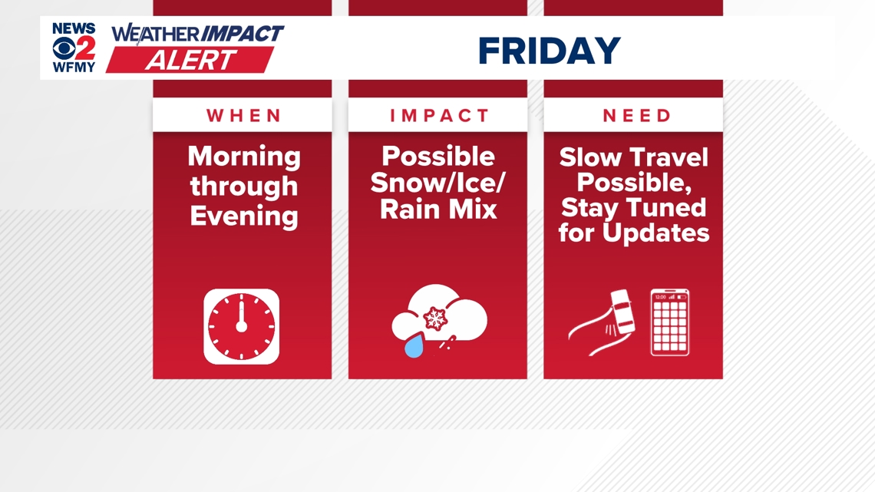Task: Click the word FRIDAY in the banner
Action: (549, 51)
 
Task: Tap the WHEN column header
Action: (243, 116)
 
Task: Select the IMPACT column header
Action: (438, 116)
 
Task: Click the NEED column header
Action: (636, 116)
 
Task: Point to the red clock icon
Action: (242, 326)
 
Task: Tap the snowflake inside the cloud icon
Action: (436, 317)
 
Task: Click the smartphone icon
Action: (670, 322)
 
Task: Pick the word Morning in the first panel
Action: (244, 157)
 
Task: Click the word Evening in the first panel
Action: (244, 216)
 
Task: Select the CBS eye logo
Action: (63, 48)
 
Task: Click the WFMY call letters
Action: (74, 67)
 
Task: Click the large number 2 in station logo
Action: (85, 48)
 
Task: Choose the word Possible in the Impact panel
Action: (438, 157)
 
